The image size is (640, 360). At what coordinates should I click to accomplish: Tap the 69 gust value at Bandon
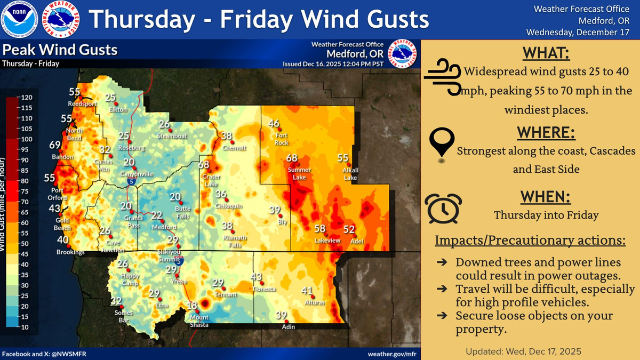pyautogui.click(x=55, y=145)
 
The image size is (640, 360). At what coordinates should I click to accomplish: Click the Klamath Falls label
pyautogui.click(x=234, y=242)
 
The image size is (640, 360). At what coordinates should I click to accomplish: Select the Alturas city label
pyautogui.click(x=311, y=302)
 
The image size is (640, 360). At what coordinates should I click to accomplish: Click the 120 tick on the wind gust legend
pyautogui.click(x=26, y=98)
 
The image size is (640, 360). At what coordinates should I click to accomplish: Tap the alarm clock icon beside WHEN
pyautogui.click(x=443, y=207)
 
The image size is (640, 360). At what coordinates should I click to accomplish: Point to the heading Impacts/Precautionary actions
pyautogui.click(x=530, y=241)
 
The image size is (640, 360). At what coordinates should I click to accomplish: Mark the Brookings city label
pyautogui.click(x=71, y=252)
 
